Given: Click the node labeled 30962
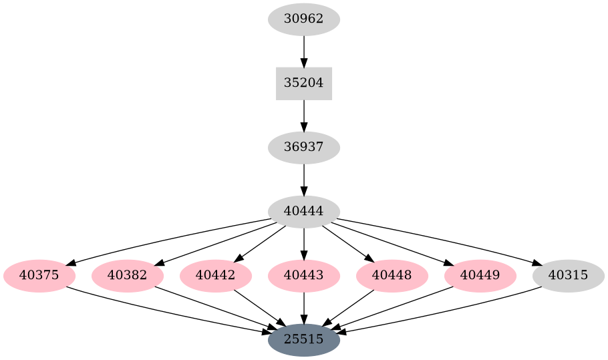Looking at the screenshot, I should [304, 19].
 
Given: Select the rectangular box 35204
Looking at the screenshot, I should [304, 83].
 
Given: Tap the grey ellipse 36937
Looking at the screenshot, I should [304, 148].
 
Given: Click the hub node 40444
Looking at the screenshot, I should [304, 212].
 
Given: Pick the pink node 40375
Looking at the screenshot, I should [39, 275].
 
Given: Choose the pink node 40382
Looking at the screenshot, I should [128, 275].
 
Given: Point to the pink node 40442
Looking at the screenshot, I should [216, 275].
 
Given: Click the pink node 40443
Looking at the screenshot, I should [304, 275].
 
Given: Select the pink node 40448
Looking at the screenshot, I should [392, 275].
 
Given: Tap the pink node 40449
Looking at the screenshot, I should [480, 275].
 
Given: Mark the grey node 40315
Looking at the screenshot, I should [569, 275].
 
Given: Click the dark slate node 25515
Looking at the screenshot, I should [304, 339].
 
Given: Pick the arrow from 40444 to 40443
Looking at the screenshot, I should [304, 243].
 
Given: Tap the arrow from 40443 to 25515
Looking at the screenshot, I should [304, 307].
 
